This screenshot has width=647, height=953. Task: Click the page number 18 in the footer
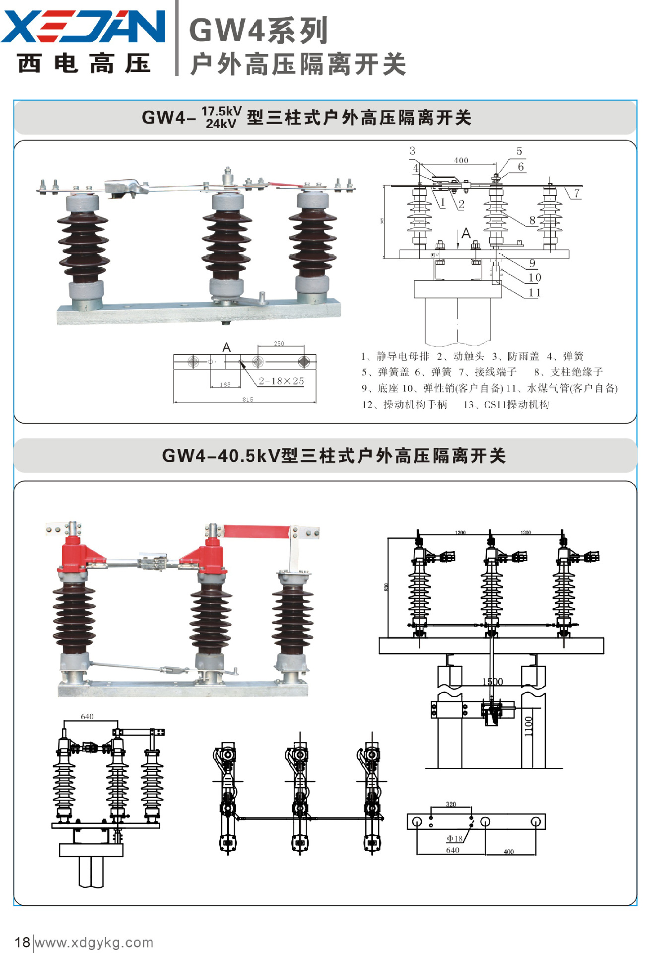click(22, 942)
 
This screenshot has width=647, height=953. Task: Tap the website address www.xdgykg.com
click(94, 942)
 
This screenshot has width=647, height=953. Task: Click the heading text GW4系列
click(259, 30)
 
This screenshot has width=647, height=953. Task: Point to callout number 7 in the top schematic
click(577, 193)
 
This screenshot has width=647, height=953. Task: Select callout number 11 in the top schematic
click(534, 293)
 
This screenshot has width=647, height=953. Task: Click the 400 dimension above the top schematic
click(461, 160)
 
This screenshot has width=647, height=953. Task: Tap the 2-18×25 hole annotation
click(281, 381)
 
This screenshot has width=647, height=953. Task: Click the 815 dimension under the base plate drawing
click(248, 399)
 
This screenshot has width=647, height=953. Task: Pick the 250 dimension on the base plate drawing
click(279, 343)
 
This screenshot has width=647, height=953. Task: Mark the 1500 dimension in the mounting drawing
click(493, 681)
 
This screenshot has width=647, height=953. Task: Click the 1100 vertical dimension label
click(529, 726)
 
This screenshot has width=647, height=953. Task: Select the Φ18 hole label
click(454, 838)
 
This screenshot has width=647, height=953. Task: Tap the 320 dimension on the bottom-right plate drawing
click(451, 804)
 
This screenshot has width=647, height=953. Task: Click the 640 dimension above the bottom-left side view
click(87, 717)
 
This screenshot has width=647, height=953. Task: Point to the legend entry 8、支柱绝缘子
click(569, 371)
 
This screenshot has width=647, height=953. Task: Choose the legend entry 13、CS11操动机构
click(506, 405)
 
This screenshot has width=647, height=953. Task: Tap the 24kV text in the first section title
click(221, 124)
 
